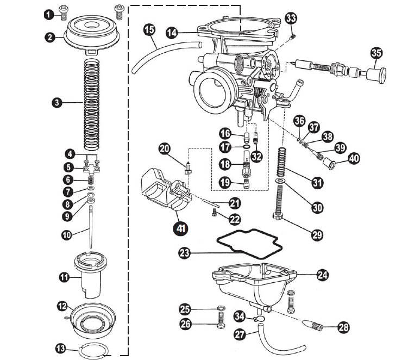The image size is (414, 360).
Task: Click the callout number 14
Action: coord(172,33)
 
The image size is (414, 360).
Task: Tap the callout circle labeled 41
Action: coord(180,228)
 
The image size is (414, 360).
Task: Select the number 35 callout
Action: coord(377,53)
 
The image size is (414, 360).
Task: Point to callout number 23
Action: coord(185,253)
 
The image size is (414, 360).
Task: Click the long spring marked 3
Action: coord(91,105)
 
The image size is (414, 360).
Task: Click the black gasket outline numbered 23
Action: coord(249,232)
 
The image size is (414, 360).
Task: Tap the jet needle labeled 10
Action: coord(91,227)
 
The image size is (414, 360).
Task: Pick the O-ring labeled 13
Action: coord(94,350)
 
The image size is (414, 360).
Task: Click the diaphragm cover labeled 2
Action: coord(92,33)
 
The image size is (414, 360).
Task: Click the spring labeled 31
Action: coord(281,162)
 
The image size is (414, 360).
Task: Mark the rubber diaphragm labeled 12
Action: coord(93,320)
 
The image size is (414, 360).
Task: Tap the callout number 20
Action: coord(165,148)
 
